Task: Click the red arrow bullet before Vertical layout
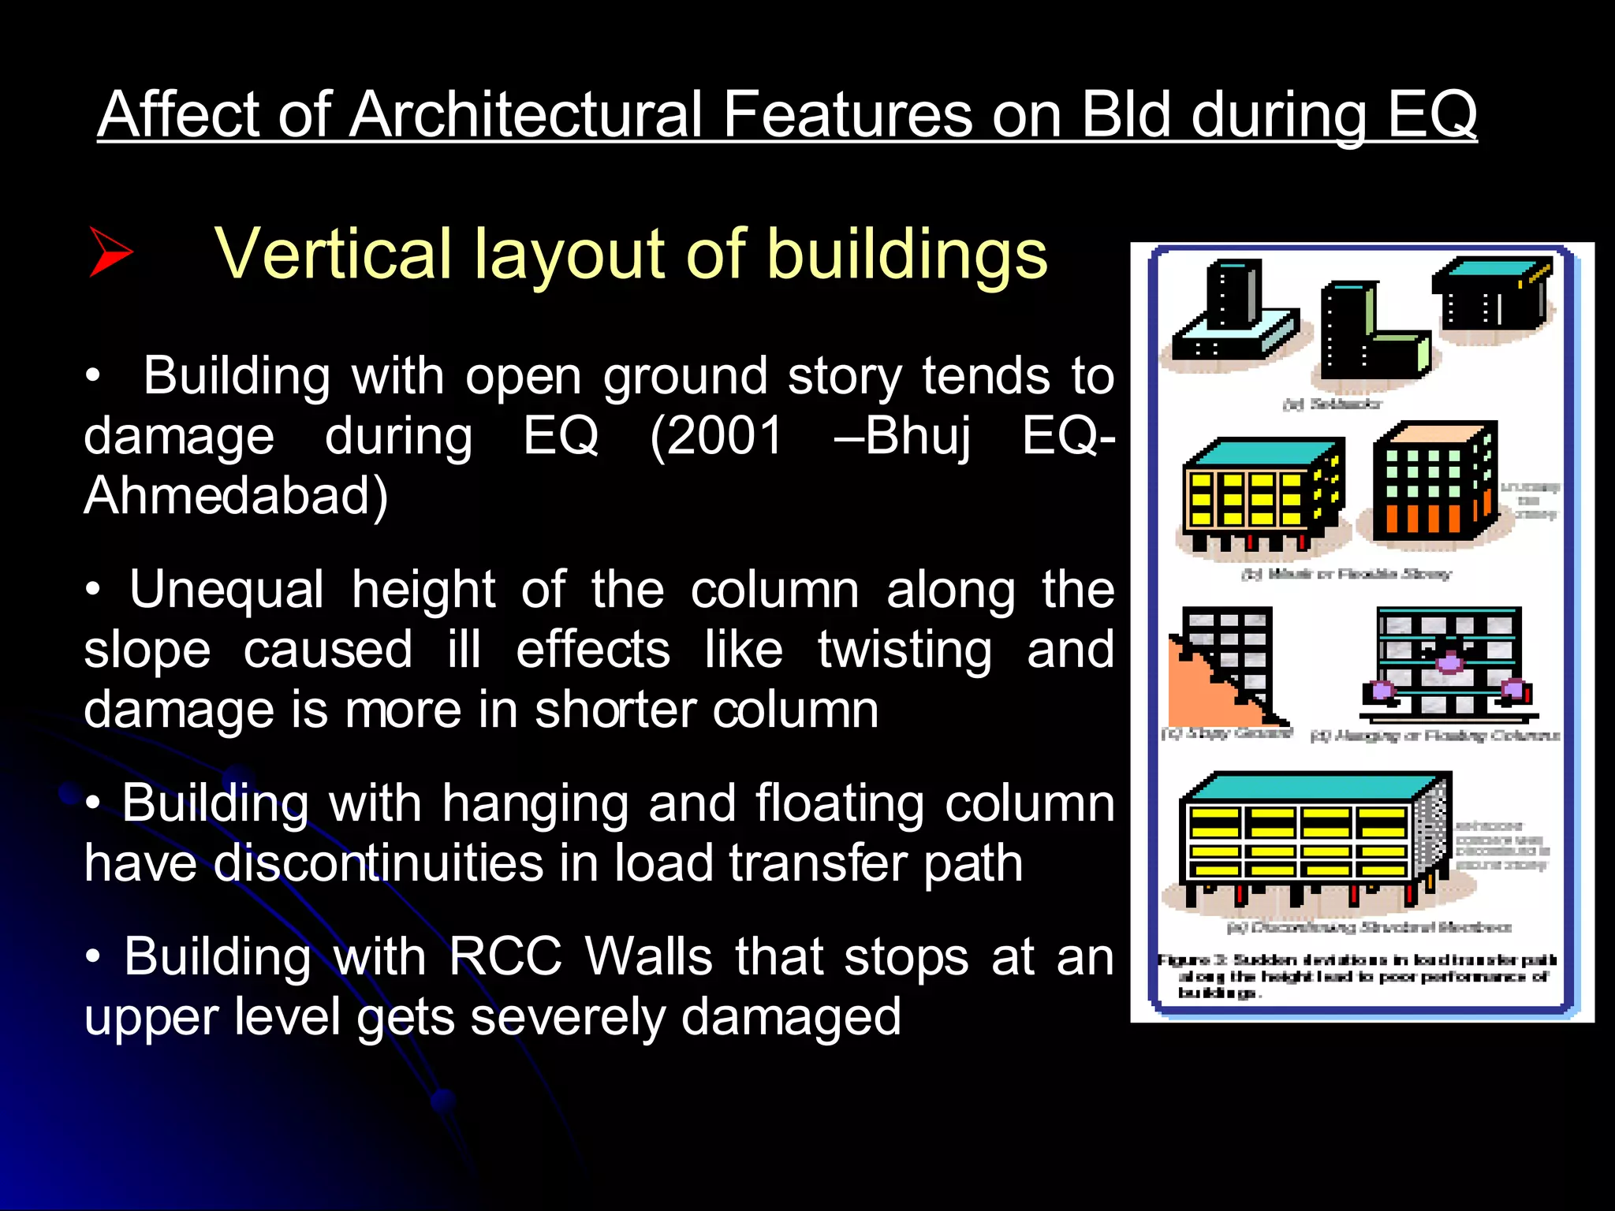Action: pyautogui.click(x=110, y=252)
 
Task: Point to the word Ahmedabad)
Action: pyautogui.click(x=236, y=496)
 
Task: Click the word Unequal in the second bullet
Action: pyautogui.click(x=226, y=589)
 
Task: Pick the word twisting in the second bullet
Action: pyautogui.click(x=904, y=650)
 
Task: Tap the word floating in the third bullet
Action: pyautogui.click(x=840, y=803)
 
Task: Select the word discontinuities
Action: pyautogui.click(x=378, y=863)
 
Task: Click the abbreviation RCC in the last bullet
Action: pyautogui.click(x=505, y=957)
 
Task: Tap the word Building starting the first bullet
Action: pyautogui.click(x=236, y=375)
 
